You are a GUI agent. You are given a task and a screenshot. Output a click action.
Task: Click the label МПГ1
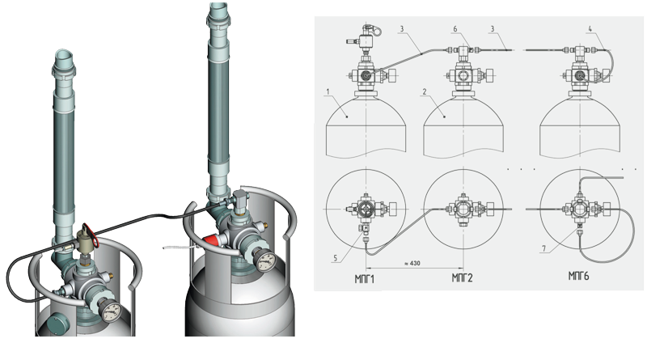click(365, 279)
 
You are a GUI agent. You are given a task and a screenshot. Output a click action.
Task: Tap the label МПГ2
click(462, 277)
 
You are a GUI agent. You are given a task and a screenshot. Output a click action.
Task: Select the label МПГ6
click(578, 276)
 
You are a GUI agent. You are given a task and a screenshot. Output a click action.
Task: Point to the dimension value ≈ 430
click(412, 263)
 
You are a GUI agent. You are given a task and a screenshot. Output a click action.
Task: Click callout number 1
click(328, 91)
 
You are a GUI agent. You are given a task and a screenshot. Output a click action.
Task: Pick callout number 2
click(425, 91)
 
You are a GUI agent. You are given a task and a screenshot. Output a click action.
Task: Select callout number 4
click(590, 29)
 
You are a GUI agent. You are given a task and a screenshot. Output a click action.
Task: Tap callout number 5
click(336, 258)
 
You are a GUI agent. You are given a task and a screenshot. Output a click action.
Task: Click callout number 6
click(455, 29)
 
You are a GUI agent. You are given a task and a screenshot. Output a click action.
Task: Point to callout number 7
click(543, 248)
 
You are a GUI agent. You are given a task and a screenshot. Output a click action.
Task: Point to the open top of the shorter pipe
click(64, 56)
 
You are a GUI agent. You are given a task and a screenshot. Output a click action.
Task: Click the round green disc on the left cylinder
click(57, 323)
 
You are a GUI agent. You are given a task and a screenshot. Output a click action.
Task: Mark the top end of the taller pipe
click(218, 6)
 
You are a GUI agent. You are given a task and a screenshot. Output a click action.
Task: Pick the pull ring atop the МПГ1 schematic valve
click(376, 30)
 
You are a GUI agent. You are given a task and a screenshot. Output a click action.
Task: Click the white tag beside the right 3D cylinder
click(179, 248)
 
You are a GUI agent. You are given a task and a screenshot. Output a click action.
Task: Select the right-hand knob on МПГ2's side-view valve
click(490, 76)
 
